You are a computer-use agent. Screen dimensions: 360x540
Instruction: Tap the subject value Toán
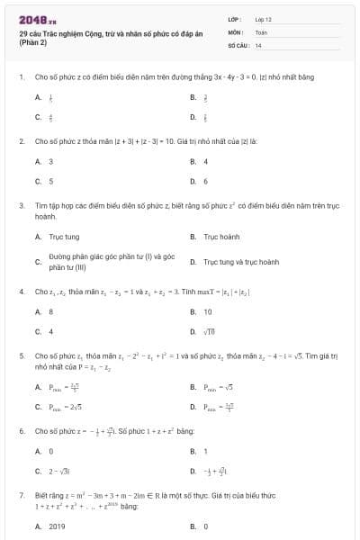tap(261, 31)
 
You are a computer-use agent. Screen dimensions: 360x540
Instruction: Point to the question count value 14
tap(258, 44)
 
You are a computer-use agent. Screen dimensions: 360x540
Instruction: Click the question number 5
tap(21, 355)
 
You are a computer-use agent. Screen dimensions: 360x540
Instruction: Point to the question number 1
tap(21, 77)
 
